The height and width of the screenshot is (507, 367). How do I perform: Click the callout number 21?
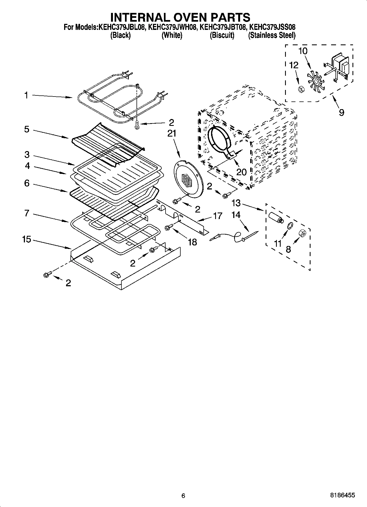[x=172, y=133]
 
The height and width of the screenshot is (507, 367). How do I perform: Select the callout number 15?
[x=27, y=239]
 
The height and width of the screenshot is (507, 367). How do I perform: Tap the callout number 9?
[x=341, y=112]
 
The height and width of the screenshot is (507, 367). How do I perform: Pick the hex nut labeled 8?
[x=302, y=233]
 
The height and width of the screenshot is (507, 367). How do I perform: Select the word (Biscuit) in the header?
[x=222, y=35]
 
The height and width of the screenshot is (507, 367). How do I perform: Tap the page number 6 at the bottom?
[x=183, y=495]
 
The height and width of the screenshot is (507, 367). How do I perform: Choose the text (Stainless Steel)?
[x=272, y=35]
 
